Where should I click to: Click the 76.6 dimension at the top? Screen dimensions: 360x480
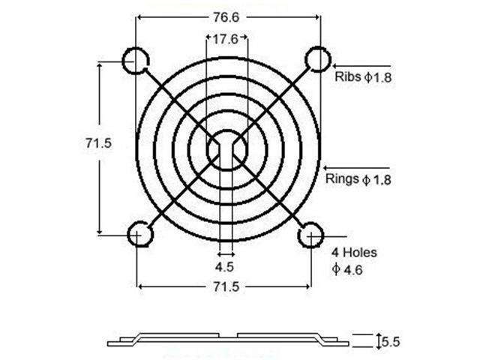click(226, 16)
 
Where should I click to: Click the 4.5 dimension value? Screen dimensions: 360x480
click(223, 267)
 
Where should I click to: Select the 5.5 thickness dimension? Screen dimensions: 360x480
click(390, 342)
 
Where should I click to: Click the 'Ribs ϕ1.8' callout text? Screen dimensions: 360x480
click(362, 77)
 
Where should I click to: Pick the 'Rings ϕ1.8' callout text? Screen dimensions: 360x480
click(358, 179)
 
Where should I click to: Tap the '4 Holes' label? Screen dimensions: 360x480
click(352, 253)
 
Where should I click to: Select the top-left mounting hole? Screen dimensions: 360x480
click(136, 61)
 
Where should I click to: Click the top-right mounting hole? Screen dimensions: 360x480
click(316, 60)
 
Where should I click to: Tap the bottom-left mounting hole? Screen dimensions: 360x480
click(139, 235)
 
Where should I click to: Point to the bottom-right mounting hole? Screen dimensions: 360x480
click(310, 235)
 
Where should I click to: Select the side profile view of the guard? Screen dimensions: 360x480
click(227, 339)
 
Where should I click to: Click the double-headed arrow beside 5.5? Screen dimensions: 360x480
click(377, 341)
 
